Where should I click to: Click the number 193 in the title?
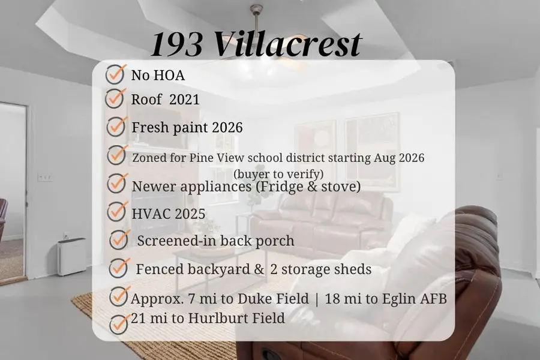176,44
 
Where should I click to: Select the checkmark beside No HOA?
115,75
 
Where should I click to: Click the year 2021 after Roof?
184,100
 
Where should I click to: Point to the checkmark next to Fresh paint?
116,127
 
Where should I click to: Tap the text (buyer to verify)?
279,173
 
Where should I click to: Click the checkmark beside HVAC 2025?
116,211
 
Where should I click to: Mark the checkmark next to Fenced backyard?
119,268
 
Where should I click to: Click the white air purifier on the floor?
71,257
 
